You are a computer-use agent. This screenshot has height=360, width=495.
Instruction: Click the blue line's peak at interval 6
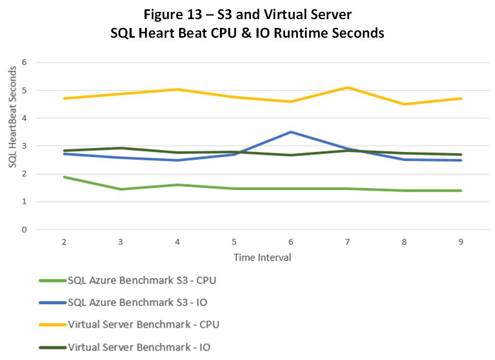pos(291,132)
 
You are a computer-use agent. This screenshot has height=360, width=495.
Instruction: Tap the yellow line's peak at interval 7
pos(348,87)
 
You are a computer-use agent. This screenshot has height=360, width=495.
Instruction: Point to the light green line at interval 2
pos(64,177)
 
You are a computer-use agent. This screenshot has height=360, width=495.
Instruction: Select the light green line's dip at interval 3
pos(121,189)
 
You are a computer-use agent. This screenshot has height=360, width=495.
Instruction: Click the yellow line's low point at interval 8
pos(405,104)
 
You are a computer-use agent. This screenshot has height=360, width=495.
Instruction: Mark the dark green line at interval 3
pos(121,148)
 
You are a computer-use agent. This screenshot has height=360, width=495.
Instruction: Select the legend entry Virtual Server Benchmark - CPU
pos(143,324)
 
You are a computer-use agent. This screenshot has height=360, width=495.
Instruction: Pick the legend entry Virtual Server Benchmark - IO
pos(139,347)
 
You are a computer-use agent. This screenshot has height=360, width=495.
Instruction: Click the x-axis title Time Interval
pos(262,257)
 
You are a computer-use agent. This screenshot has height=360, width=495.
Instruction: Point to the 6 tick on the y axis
pos(24,62)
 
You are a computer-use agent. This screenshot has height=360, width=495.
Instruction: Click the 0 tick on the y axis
pos(24,230)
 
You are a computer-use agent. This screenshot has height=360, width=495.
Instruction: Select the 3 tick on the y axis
pos(24,146)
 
